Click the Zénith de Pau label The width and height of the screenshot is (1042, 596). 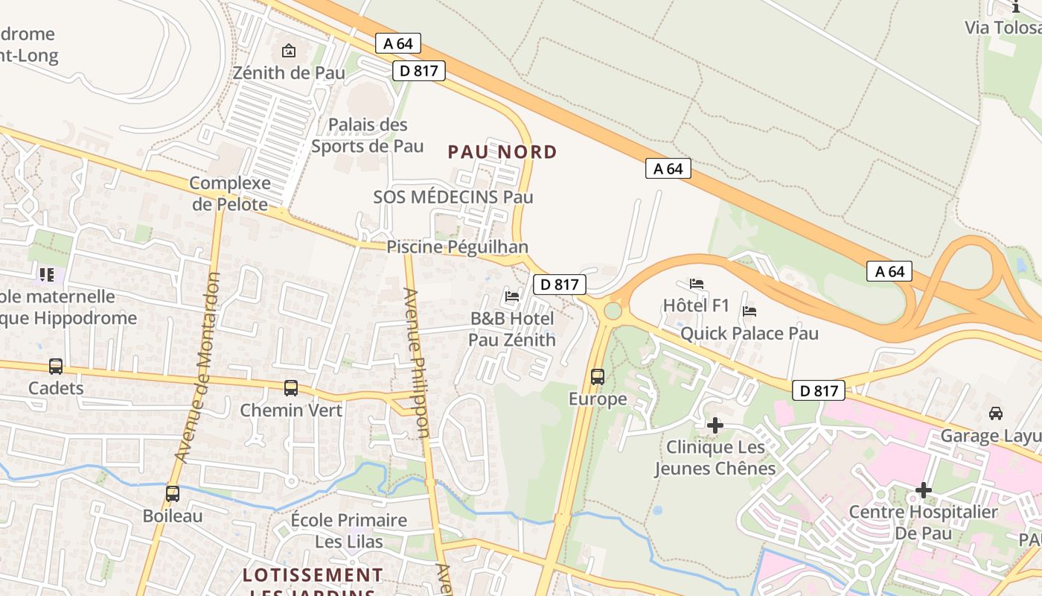pyautogui.click(x=289, y=73)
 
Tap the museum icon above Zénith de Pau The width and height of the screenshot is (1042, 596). pyautogui.click(x=289, y=51)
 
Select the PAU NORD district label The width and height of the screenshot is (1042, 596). pyautogui.click(x=502, y=152)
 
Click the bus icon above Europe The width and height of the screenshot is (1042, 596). pyautogui.click(x=598, y=376)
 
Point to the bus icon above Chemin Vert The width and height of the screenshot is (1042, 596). pyautogui.click(x=291, y=387)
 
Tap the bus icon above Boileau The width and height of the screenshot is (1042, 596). pyautogui.click(x=173, y=493)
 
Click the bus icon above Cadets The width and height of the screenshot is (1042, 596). pyautogui.click(x=56, y=366)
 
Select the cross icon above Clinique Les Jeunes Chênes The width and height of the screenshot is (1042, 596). pyautogui.click(x=715, y=425)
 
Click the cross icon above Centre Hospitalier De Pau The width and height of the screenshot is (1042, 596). pyautogui.click(x=924, y=489)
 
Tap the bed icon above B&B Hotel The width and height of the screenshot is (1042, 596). pyautogui.click(x=512, y=296)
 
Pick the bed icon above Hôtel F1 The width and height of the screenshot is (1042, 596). pyautogui.click(x=697, y=283)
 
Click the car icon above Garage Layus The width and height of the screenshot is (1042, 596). pyautogui.click(x=996, y=413)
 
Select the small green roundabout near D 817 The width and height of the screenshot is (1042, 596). pyautogui.click(x=613, y=310)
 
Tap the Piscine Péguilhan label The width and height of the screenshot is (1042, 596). pyautogui.click(x=457, y=247)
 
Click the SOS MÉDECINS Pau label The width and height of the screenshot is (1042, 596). pyautogui.click(x=453, y=197)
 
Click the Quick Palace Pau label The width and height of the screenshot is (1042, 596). pyautogui.click(x=749, y=333)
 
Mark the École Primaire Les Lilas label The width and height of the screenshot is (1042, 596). pyautogui.click(x=349, y=530)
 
